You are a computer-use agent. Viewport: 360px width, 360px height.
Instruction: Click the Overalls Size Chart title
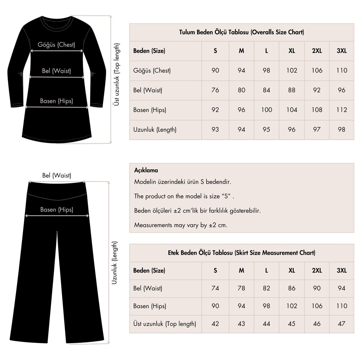tap(241, 32)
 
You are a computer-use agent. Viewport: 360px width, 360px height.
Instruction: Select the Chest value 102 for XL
tap(292, 70)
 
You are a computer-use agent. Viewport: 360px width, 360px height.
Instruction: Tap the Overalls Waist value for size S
tap(215, 90)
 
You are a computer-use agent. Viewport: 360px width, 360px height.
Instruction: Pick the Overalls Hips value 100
tap(266, 110)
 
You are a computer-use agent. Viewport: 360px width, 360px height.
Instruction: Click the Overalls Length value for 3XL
tap(341, 130)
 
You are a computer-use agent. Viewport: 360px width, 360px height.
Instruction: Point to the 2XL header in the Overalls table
tap(317, 51)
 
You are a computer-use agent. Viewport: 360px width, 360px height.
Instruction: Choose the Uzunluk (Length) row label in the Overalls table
tap(155, 130)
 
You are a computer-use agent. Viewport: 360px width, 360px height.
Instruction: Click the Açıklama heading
tap(146, 170)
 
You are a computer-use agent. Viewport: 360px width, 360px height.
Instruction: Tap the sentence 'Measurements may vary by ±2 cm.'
tap(181, 225)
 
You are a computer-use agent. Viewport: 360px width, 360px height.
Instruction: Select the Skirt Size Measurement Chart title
tap(241, 253)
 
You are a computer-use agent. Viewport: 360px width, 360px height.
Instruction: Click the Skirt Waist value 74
tap(215, 288)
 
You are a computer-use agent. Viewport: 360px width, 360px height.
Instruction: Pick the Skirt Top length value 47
tap(341, 324)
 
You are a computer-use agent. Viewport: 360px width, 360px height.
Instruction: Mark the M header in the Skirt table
tap(241, 271)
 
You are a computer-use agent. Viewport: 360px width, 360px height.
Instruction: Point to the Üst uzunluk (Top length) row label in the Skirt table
tap(165, 324)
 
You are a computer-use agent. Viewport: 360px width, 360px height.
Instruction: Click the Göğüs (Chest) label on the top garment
tap(56, 45)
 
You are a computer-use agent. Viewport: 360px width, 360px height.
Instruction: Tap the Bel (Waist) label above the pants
tap(57, 175)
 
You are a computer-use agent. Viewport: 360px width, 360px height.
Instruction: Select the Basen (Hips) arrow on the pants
tap(57, 215)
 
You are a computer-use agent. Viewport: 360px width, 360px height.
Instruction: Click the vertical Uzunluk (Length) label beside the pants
tap(115, 263)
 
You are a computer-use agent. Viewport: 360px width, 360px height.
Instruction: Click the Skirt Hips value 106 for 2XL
tap(317, 306)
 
